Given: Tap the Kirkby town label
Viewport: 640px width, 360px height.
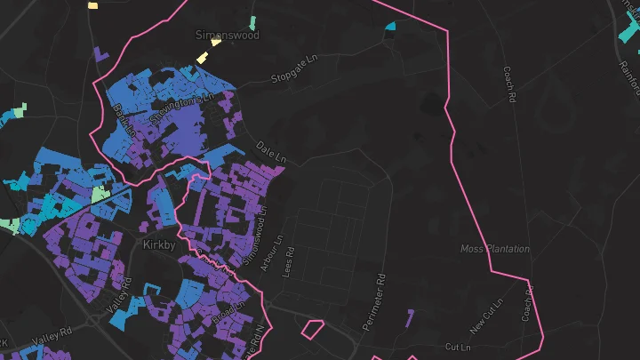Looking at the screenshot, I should (x=161, y=242).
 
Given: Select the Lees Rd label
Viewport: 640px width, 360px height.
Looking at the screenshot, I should (x=288, y=264).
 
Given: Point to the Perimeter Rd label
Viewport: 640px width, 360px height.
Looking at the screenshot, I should (x=376, y=303).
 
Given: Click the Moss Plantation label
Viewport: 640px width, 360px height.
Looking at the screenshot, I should (x=494, y=249).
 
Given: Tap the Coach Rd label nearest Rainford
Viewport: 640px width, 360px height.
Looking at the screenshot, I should (x=509, y=84).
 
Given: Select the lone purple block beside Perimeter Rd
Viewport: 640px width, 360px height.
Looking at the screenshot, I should (x=409, y=317).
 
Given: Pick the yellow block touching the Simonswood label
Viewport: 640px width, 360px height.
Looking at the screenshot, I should (x=203, y=56).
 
